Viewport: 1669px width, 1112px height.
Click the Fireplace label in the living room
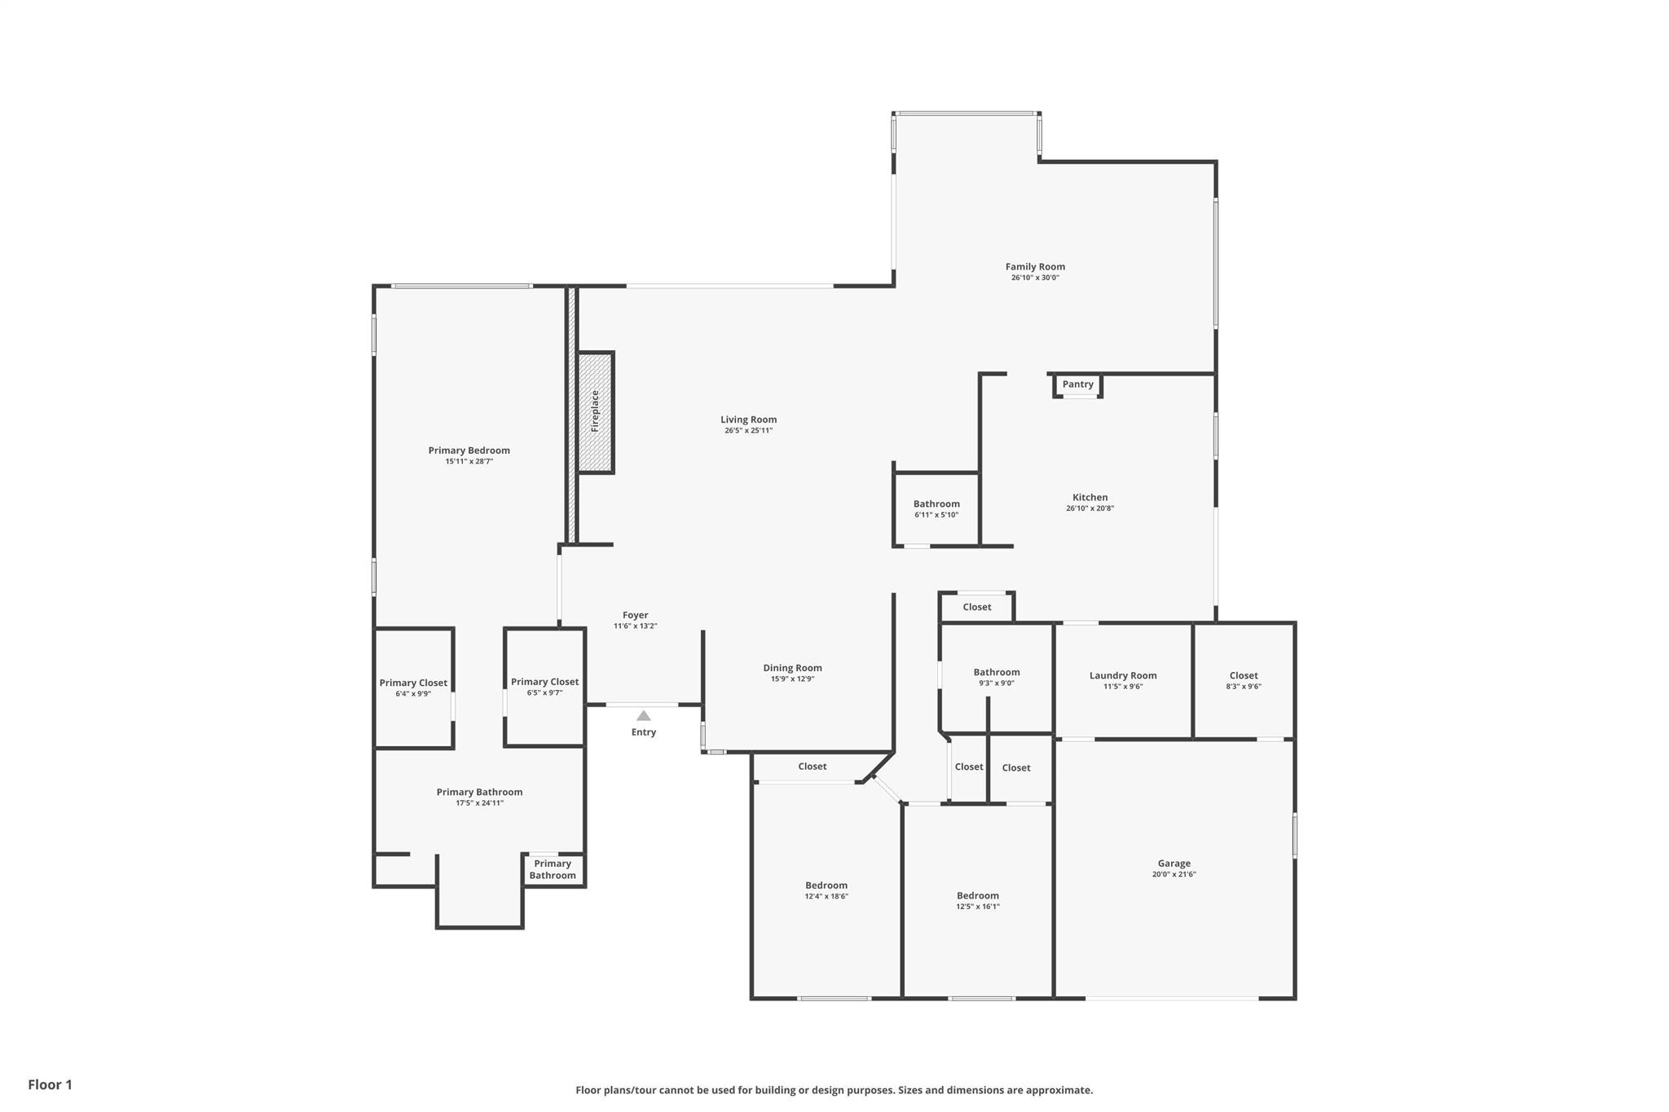595,411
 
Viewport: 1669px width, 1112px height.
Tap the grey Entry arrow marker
644,716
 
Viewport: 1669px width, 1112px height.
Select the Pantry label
1078,385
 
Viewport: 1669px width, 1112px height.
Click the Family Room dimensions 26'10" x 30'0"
1035,278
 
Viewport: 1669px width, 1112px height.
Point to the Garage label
1174,864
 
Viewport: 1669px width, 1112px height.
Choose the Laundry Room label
1123,675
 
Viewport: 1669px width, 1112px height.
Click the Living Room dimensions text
749,431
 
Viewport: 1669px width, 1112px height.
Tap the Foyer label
636,616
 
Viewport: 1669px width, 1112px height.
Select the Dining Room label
793,668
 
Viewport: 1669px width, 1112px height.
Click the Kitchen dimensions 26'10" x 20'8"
1090,508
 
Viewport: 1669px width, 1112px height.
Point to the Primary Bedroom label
469,451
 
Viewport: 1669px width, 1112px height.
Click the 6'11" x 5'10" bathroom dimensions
936,515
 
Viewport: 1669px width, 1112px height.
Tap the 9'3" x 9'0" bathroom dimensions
997,683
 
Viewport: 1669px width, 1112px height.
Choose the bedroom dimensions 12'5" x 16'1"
978,907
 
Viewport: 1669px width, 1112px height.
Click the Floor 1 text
51,1084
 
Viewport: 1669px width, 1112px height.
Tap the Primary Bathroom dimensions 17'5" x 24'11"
480,803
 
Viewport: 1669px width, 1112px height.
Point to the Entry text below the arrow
644,732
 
